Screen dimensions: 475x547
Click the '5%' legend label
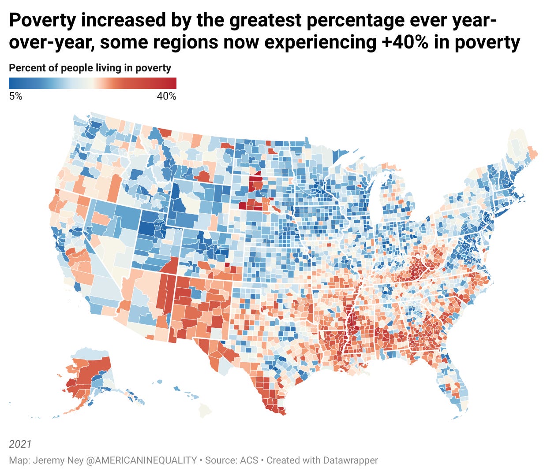(x=15, y=96)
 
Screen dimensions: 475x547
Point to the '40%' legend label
(x=166, y=96)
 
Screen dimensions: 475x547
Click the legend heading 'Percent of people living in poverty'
(x=90, y=68)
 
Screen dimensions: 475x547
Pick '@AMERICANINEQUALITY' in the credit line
(x=148, y=460)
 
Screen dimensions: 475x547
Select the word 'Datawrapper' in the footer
(x=350, y=460)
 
